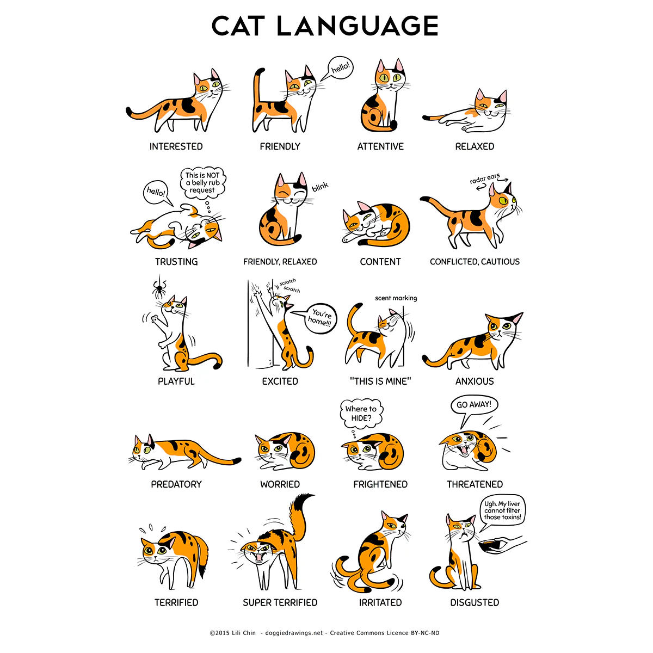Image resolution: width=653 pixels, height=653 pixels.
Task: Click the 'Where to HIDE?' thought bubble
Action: click(361, 414)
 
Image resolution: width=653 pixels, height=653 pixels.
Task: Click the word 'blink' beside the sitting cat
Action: click(320, 187)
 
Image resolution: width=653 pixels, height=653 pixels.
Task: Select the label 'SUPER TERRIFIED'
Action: click(280, 602)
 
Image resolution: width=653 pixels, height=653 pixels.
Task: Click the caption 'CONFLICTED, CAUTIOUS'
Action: click(475, 262)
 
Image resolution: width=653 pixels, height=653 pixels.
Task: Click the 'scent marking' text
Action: click(396, 298)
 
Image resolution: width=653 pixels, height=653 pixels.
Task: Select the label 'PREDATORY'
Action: click(176, 484)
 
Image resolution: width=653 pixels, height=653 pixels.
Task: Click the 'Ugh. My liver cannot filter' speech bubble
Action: click(502, 510)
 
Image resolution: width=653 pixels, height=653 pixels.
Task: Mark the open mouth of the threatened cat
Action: click(464, 450)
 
